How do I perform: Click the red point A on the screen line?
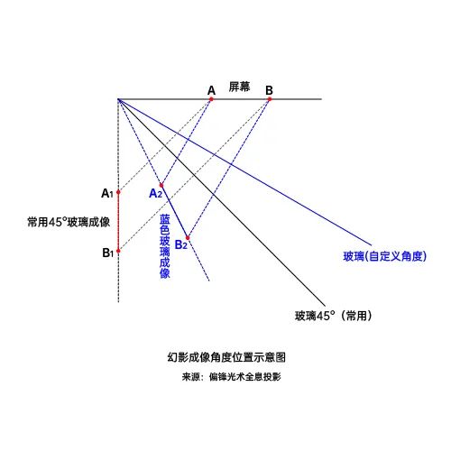(x=211, y=99)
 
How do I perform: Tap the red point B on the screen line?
(x=270, y=99)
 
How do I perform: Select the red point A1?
(x=118, y=192)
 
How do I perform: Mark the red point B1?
(x=118, y=251)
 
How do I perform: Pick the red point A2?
(x=161, y=185)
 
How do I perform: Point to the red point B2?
(x=188, y=238)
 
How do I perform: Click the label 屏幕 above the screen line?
(x=239, y=87)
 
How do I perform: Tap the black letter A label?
(x=212, y=90)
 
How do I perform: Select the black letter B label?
(x=269, y=90)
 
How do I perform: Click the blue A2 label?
(x=156, y=194)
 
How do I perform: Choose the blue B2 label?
(x=181, y=244)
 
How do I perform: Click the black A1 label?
(x=107, y=193)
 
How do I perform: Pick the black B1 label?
(x=108, y=253)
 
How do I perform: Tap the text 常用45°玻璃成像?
(x=69, y=222)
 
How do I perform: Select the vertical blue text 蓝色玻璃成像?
(x=165, y=246)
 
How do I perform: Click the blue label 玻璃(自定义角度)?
(x=385, y=256)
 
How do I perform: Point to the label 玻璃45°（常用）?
(x=334, y=316)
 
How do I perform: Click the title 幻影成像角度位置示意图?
(x=226, y=357)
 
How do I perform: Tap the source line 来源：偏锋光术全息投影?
(x=231, y=377)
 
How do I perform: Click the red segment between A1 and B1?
(x=118, y=221)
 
